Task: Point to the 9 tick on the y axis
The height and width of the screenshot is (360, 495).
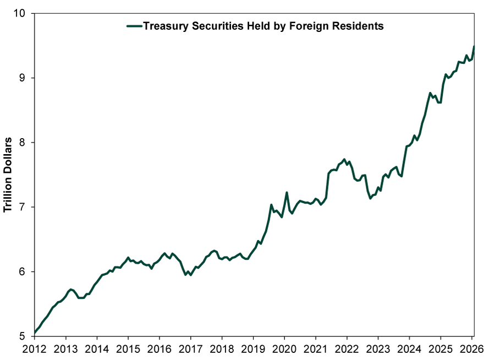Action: point(24,78)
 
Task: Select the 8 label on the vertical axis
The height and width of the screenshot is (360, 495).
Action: point(24,143)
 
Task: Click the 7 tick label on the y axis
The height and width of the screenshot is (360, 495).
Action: point(24,207)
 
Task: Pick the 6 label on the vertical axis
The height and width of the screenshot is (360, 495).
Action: point(24,272)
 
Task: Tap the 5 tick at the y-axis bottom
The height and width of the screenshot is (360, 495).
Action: point(24,336)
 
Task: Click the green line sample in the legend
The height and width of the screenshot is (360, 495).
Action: point(134,26)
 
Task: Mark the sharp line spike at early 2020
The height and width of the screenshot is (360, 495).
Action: point(287,193)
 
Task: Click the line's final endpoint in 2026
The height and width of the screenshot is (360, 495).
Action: point(474,47)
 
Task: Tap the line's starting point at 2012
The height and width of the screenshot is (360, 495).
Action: point(35,332)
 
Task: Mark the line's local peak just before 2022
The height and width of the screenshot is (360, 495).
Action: point(344,160)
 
